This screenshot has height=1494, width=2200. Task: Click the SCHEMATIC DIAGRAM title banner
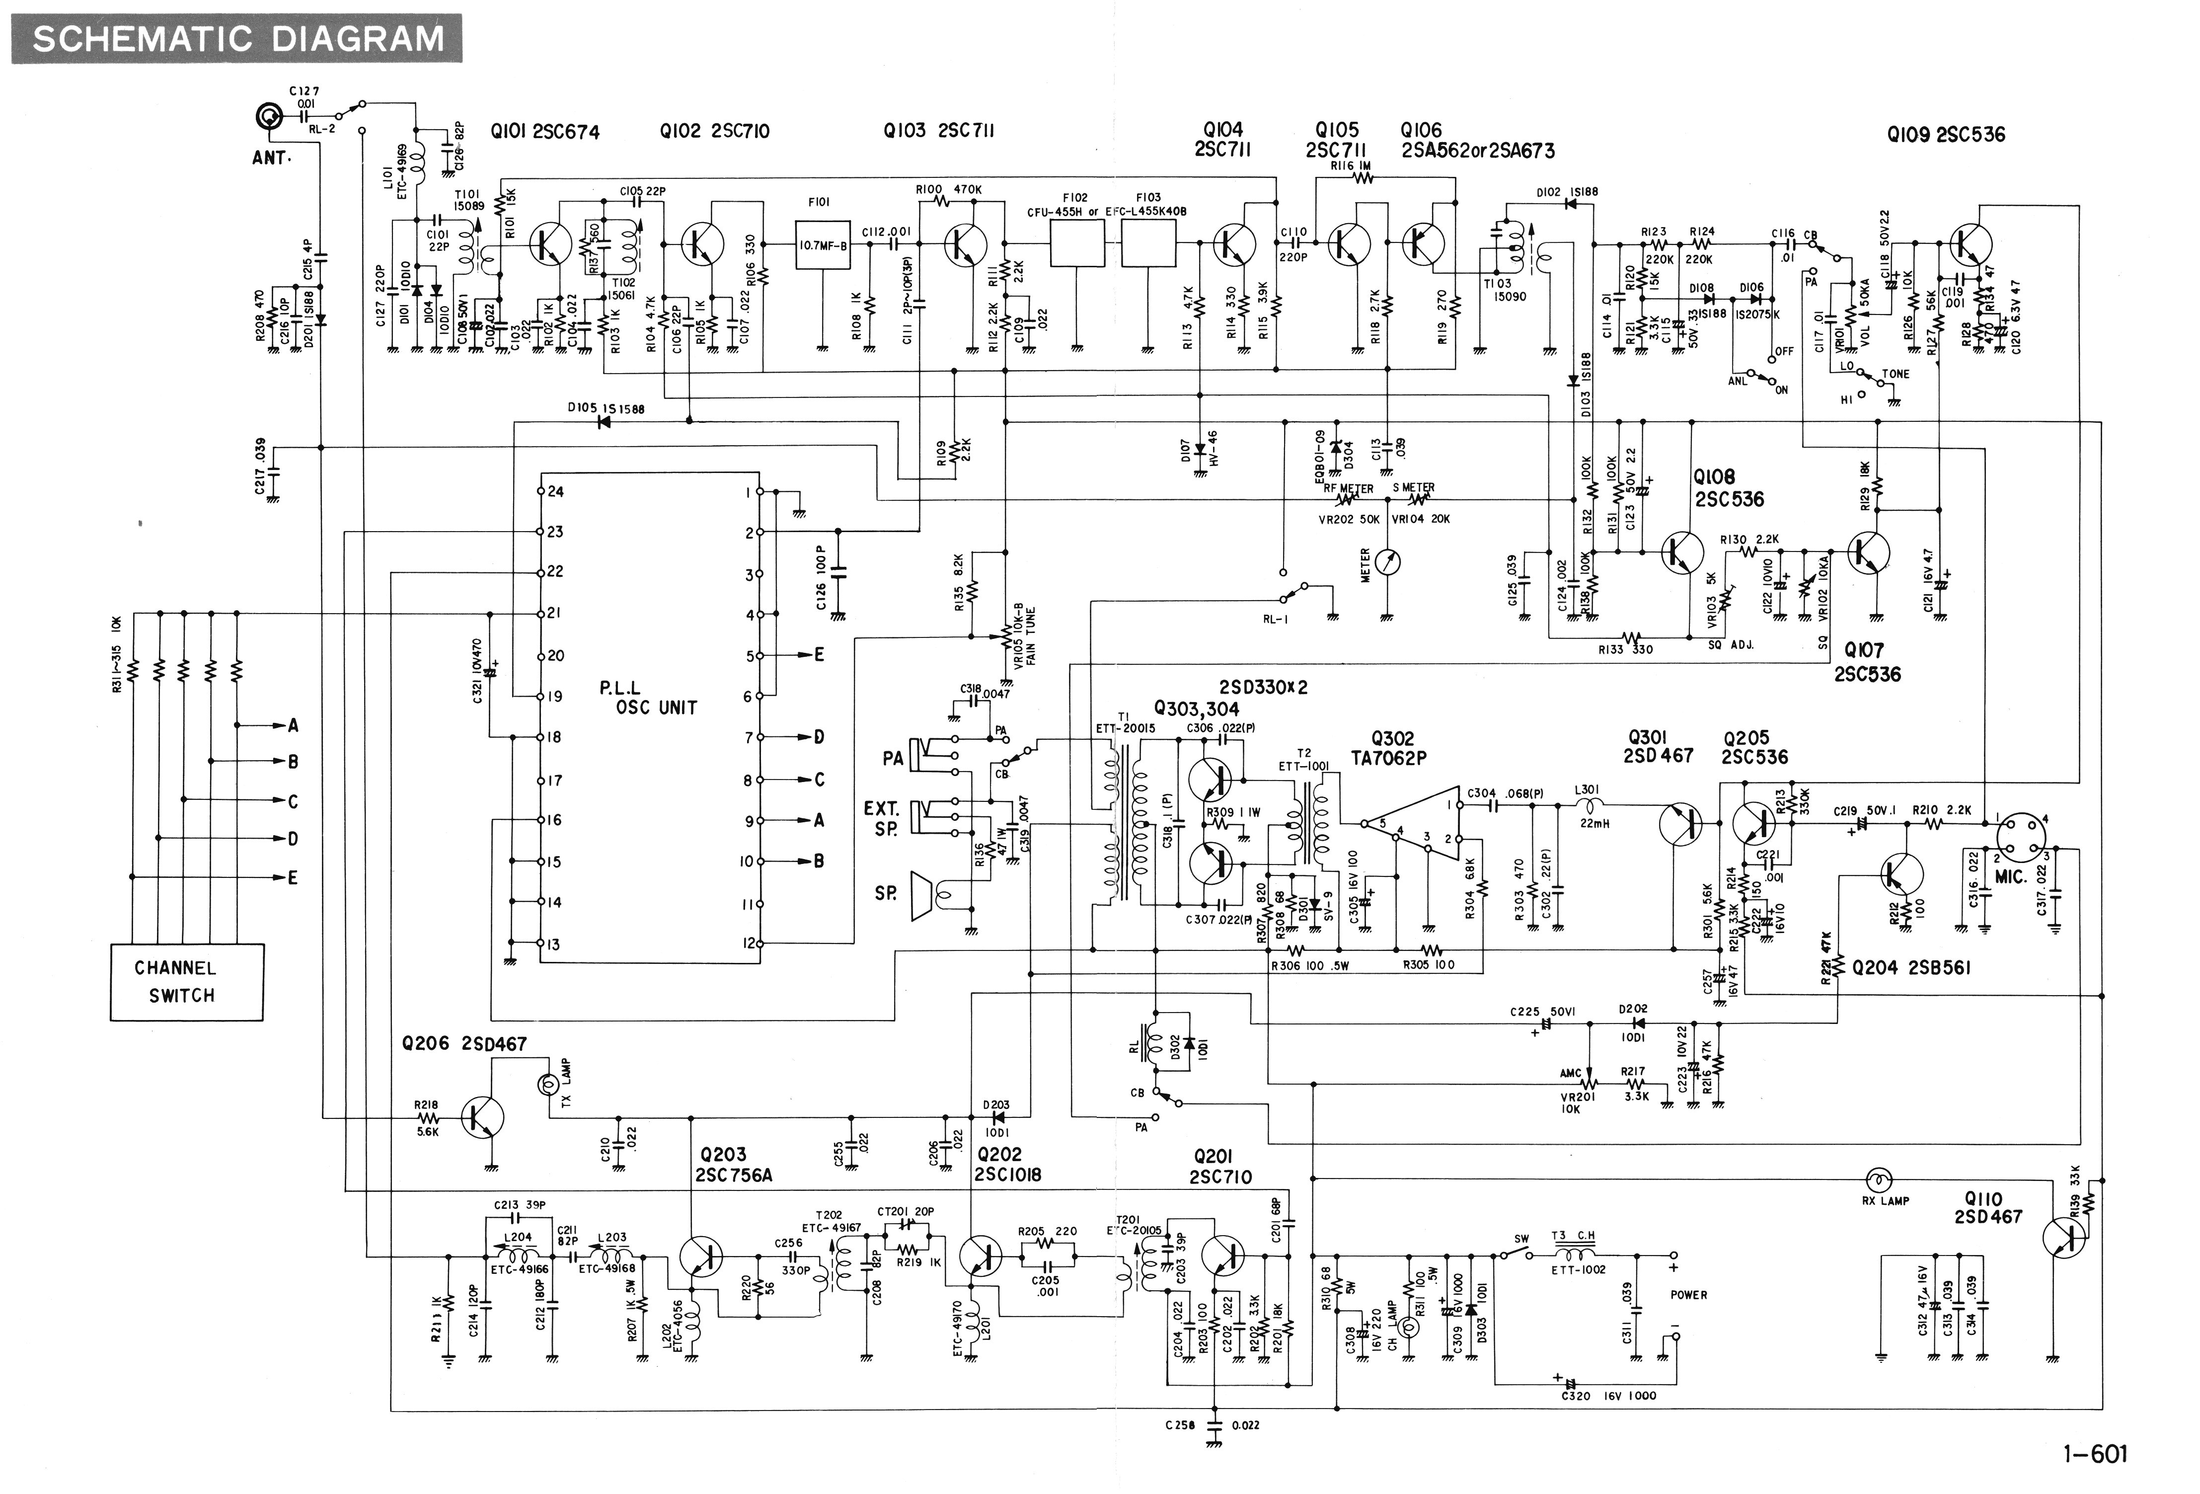pos(236,39)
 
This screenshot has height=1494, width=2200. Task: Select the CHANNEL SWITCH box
pos(186,982)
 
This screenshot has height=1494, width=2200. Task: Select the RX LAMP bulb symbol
pos(1878,1179)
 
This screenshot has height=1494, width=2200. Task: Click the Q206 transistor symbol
pos(482,1117)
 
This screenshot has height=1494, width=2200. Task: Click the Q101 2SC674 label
pos(544,132)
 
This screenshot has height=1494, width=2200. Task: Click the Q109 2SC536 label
pos(1945,135)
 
